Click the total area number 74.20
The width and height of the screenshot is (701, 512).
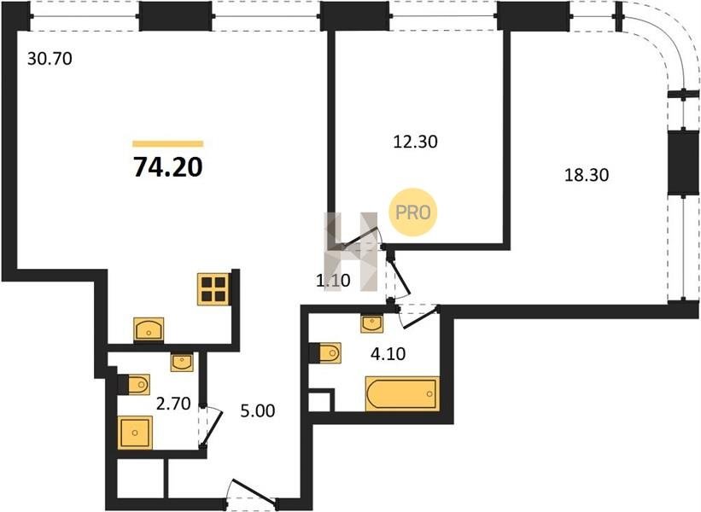168,167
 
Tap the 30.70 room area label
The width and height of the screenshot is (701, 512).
50,59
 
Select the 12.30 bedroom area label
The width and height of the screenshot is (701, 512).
415,142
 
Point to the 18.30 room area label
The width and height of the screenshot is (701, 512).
587,175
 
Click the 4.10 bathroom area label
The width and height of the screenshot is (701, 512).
388,354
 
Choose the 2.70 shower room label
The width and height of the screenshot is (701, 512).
173,404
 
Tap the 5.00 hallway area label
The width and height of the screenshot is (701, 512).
258,410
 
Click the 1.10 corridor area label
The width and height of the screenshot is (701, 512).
333,281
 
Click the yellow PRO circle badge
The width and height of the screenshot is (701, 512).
412,212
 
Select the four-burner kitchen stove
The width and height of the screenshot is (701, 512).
213,289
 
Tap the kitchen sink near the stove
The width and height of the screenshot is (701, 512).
149,329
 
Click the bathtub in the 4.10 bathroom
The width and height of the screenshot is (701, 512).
402,393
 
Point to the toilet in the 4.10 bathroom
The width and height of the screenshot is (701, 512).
326,353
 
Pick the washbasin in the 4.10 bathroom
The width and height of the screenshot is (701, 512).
372,323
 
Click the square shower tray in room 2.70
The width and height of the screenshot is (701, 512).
135,433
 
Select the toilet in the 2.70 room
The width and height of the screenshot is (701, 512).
134,384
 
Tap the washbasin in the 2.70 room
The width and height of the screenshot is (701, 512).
182,362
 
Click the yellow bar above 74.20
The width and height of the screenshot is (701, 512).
168,144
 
